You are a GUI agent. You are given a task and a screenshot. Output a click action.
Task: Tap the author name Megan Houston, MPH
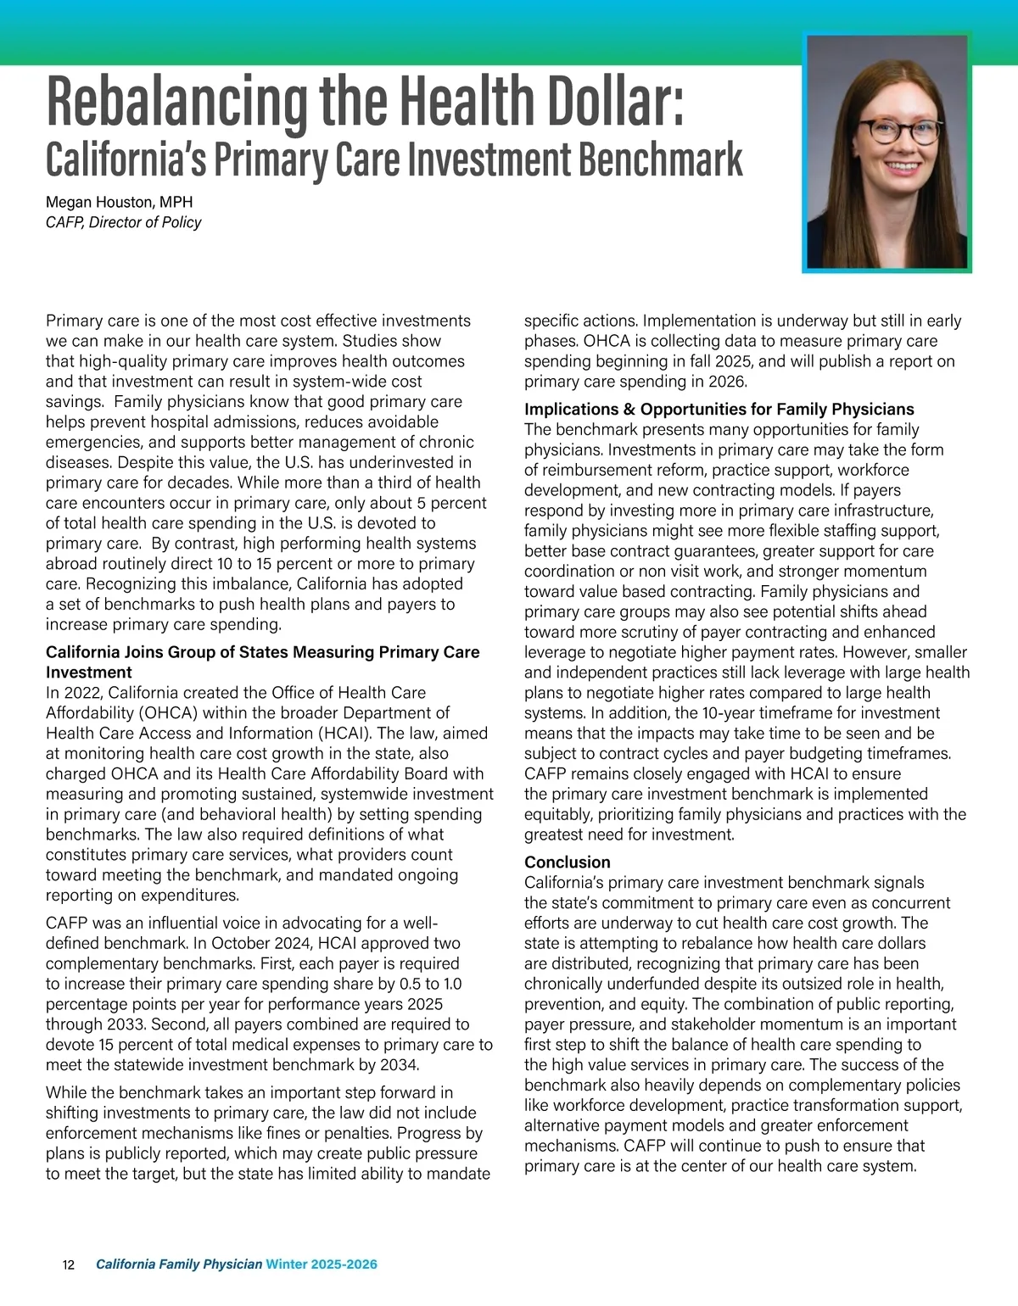coord(119,202)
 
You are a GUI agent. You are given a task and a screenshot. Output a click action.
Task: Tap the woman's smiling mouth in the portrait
coord(901,167)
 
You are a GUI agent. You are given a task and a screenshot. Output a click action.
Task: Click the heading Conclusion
coord(567,862)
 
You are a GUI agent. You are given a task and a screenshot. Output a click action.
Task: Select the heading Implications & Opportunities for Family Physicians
coord(719,410)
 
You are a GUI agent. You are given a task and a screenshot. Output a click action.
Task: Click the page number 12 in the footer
coord(69,1265)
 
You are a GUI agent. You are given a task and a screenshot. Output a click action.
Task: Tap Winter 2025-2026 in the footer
coord(322,1264)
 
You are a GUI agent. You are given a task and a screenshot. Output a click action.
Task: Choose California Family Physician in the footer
coord(179,1264)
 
